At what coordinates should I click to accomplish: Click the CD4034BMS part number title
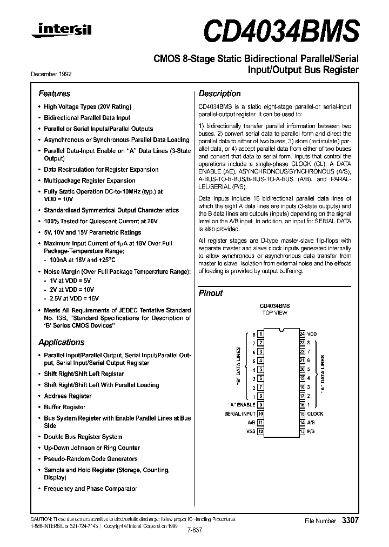tap(281, 30)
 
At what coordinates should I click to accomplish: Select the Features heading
tap(54, 94)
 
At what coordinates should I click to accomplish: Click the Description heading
tap(219, 94)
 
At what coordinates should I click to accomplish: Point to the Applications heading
tap(61, 342)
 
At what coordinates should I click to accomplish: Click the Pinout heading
tap(211, 293)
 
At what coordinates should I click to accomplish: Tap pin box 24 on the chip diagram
tap(302, 334)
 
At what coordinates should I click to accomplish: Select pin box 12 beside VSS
tap(260, 431)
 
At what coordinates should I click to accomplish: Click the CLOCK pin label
tap(316, 413)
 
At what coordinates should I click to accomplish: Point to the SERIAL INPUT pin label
tap(240, 413)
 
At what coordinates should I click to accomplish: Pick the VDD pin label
tap(312, 334)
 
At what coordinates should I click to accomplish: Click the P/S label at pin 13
tap(311, 431)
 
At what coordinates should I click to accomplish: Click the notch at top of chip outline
tap(281, 331)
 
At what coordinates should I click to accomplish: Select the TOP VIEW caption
tap(274, 313)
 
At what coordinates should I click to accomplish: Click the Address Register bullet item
tap(68, 396)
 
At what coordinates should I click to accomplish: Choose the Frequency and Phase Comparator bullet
tap(90, 489)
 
